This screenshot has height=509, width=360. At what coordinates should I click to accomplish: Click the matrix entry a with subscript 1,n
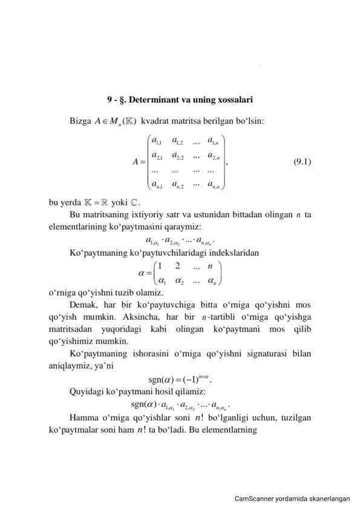pos(214,142)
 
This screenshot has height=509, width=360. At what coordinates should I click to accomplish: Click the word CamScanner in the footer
pos(254,499)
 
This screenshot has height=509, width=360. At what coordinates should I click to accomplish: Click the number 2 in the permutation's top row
pos(177,267)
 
